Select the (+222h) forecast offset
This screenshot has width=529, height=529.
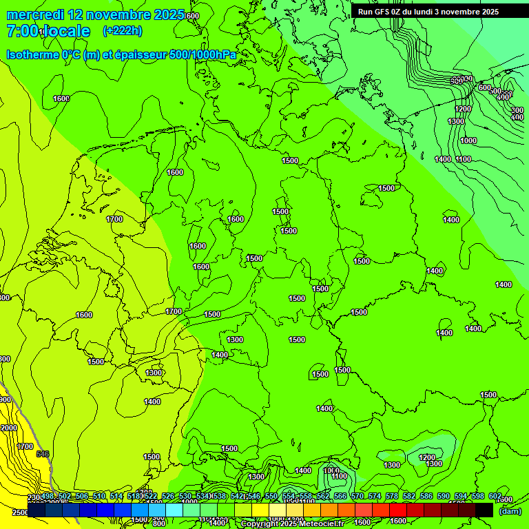tap(123, 30)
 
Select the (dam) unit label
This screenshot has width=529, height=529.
tap(510, 511)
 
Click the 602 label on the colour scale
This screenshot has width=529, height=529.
tap(495, 497)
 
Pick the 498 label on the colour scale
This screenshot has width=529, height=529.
tap(48, 497)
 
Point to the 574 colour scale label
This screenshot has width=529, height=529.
tap(375, 497)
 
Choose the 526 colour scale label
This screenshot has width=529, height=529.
tap(168, 497)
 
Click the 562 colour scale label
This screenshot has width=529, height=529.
tap(323, 497)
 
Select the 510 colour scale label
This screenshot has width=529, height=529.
tap(99, 497)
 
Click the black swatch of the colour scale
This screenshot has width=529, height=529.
tap(484, 510)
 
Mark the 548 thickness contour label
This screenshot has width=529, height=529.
tap(43, 454)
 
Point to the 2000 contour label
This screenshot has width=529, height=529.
tap(9, 428)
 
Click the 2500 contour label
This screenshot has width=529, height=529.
tap(20, 513)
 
